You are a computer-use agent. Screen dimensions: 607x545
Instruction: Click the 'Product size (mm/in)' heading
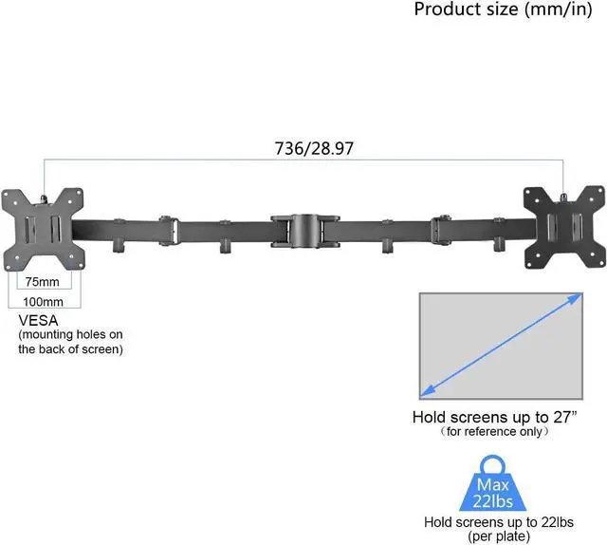click(503, 9)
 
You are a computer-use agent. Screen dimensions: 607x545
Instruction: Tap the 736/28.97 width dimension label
click(314, 148)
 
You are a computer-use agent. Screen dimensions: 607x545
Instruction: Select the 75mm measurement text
click(43, 282)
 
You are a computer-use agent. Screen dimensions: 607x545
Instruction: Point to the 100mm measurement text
click(43, 302)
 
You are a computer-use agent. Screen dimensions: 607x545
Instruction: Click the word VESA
click(38, 321)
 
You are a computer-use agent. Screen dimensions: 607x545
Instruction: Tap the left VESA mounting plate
click(43, 230)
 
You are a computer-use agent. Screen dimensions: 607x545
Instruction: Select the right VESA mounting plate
click(564, 227)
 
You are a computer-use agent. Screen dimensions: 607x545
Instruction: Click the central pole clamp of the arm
click(305, 231)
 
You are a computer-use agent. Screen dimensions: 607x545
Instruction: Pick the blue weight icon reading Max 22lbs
click(493, 483)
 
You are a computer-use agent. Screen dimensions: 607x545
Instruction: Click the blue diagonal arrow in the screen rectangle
click(502, 345)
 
